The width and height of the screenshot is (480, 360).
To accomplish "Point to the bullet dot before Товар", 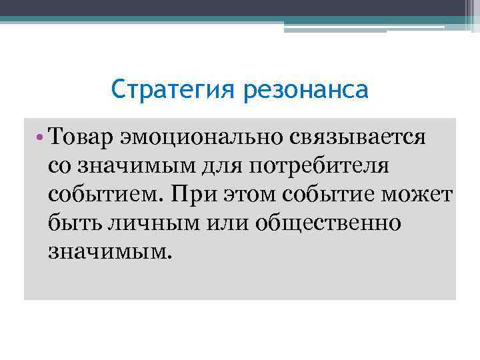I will pyautogui.click(x=41, y=137).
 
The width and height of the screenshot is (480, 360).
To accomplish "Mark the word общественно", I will pyautogui.click(x=331, y=223).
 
